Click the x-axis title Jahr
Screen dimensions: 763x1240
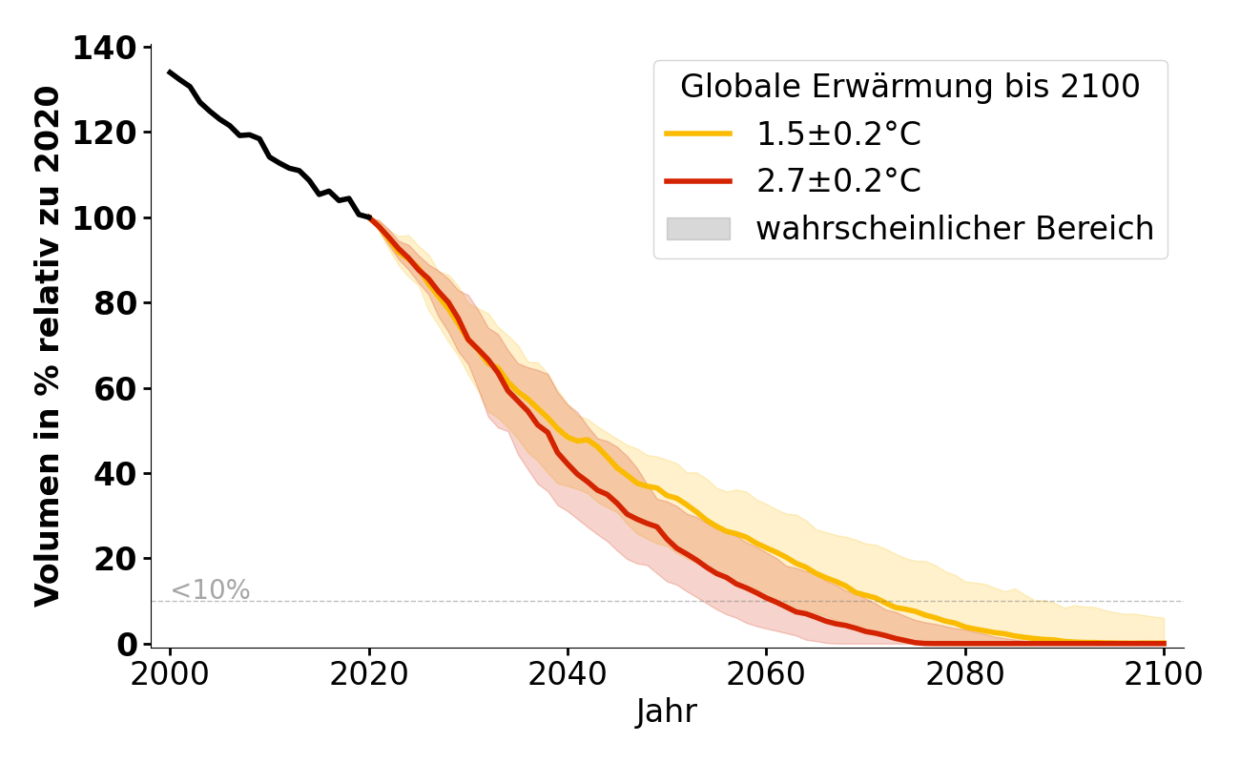[x=667, y=712]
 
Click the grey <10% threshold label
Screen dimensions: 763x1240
[x=210, y=590]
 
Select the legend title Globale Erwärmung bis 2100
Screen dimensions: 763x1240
[x=910, y=87]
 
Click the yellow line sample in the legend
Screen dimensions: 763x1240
[x=698, y=134]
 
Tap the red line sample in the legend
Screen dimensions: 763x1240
[x=698, y=181]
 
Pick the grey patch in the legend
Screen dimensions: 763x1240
[x=698, y=229]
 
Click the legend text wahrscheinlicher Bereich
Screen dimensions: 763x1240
[x=955, y=229]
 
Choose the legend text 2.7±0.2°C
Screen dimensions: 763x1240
[x=838, y=181]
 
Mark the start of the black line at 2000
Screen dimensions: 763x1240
[x=170, y=72]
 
